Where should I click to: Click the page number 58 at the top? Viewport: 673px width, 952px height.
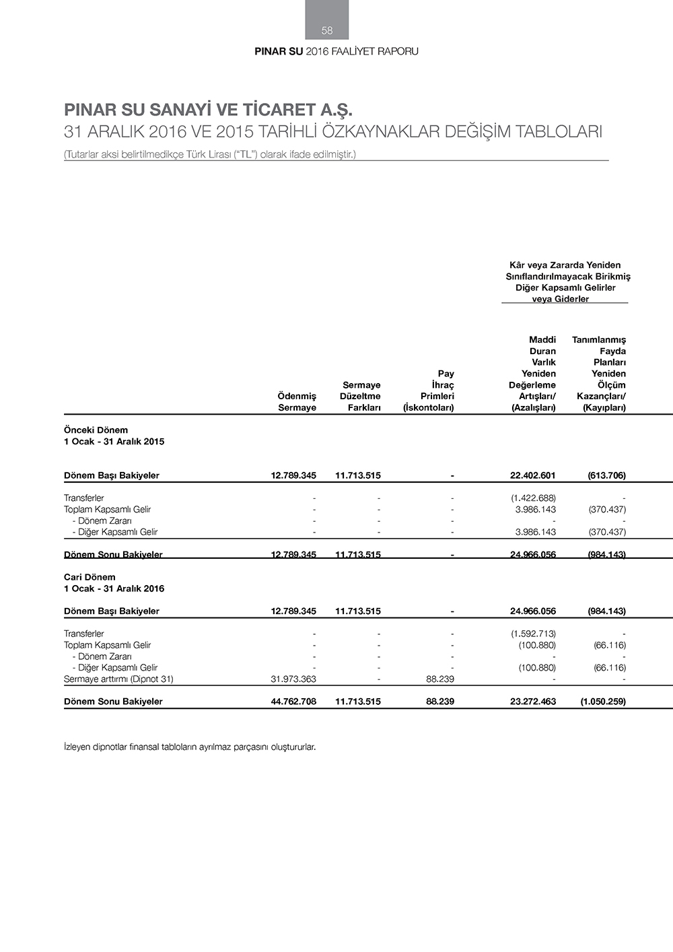[x=327, y=30]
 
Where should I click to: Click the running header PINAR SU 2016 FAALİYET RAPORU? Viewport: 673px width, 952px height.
[x=336, y=51]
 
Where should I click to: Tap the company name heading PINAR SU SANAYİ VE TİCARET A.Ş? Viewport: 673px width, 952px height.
[x=208, y=110]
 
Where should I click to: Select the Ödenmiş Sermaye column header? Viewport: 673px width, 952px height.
[x=297, y=402]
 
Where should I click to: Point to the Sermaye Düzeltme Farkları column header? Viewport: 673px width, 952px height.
[x=361, y=396]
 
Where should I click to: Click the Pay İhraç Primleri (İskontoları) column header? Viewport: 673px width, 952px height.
[x=429, y=390]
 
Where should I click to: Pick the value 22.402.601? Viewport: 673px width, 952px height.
[x=532, y=475]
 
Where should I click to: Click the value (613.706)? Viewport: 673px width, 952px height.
[x=606, y=475]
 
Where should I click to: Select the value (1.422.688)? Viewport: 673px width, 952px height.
[x=533, y=498]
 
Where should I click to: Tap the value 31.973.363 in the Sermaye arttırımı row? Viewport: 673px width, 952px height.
[x=293, y=679]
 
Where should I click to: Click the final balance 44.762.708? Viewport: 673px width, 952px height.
[x=293, y=702]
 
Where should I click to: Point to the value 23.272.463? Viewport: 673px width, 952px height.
[x=533, y=702]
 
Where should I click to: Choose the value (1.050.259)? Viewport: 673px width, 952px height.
[x=603, y=702]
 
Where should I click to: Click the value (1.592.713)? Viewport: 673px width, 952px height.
[x=533, y=634]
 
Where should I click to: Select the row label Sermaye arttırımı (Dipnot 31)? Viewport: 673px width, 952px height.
[x=118, y=679]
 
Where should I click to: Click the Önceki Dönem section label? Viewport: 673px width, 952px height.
[x=96, y=430]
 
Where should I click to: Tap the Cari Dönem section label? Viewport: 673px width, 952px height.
[x=90, y=577]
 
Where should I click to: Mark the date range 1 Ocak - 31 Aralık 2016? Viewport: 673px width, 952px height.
[x=114, y=588]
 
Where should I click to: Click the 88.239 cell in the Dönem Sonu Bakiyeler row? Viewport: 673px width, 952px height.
[x=440, y=702]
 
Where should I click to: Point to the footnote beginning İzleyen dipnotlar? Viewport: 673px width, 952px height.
[x=190, y=747]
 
